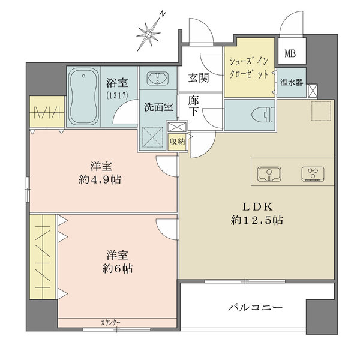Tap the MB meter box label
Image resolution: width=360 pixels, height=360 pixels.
point(290,53)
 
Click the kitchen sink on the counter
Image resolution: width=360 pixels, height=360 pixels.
point(269,173)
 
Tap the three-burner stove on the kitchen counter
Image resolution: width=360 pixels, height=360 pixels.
point(313,173)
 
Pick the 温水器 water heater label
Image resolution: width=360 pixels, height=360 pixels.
point(291,82)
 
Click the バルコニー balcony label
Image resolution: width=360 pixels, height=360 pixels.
point(255,308)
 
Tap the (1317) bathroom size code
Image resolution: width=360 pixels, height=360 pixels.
point(113,95)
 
